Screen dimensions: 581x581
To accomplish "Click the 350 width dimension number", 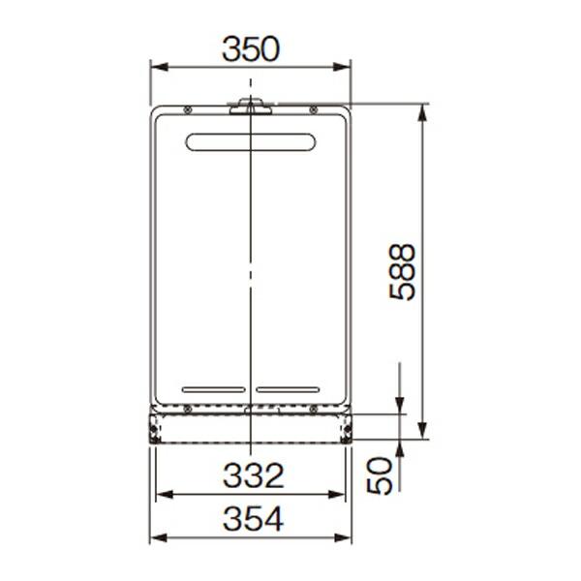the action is click(251, 49).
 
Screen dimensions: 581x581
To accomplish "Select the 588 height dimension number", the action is click(403, 272).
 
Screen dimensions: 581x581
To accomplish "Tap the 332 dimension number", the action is click(253, 475).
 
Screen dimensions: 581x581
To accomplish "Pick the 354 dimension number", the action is click(253, 519).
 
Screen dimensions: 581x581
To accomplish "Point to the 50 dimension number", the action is click(380, 475).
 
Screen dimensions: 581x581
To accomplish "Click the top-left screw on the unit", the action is click(188, 109).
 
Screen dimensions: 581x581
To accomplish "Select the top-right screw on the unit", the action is click(314, 109).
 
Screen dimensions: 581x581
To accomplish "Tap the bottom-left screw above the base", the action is click(188, 409).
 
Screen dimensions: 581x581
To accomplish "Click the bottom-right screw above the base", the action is click(314, 409).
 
